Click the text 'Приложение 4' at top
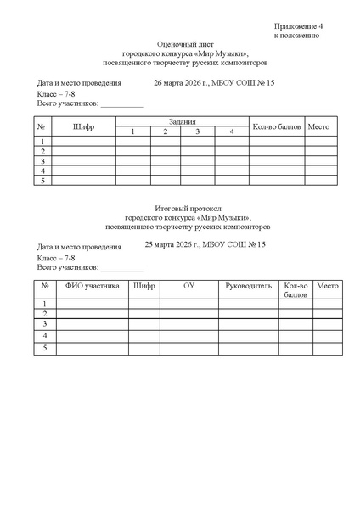point(297,26)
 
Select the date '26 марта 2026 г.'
point(182,83)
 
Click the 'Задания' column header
point(183,121)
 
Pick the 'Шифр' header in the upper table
point(84,126)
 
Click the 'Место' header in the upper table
point(318,126)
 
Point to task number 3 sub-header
point(197,131)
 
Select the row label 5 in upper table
point(42,181)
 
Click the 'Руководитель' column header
point(249,286)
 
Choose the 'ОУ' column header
point(189,286)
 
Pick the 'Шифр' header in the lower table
point(144,286)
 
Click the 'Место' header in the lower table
point(327,286)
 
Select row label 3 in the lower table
point(45,323)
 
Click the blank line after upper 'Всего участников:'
point(121,104)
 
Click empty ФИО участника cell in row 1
point(93,303)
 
